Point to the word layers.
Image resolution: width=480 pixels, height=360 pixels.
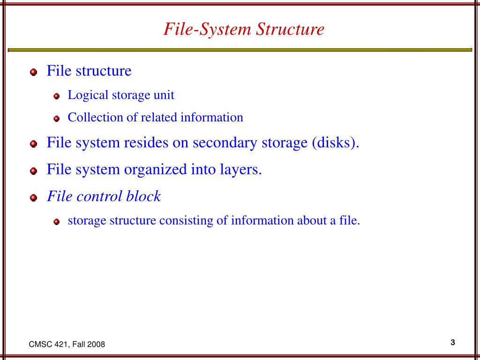click(x=240, y=169)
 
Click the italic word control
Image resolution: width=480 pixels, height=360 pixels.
click(x=101, y=196)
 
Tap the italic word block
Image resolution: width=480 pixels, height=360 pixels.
click(x=143, y=196)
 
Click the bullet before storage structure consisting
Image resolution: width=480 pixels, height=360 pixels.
click(x=57, y=222)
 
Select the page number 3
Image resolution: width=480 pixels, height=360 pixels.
click(x=453, y=342)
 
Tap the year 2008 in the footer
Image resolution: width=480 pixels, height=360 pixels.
click(x=97, y=345)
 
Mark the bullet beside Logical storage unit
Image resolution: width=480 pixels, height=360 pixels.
click(x=57, y=97)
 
